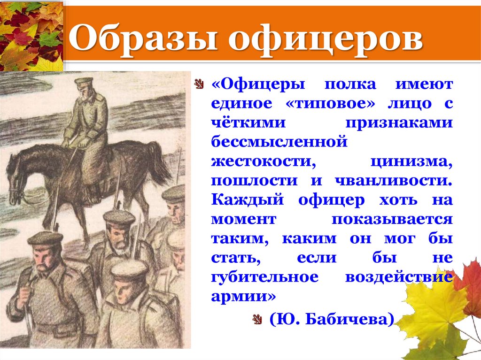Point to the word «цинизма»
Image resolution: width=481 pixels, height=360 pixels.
point(411,161)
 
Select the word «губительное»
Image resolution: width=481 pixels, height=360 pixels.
point(264,277)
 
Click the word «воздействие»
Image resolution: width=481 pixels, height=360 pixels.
point(399,277)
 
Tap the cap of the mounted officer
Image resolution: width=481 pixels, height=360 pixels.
point(84,82)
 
